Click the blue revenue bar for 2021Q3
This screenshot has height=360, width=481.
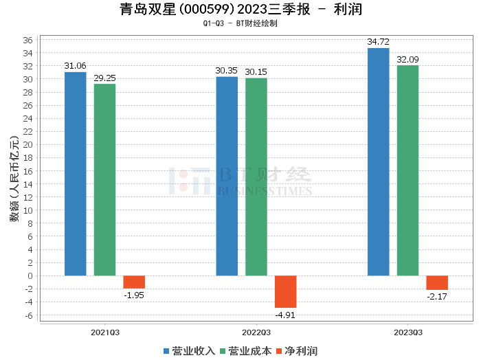click(76, 174)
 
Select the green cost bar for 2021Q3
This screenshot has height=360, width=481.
click(105, 180)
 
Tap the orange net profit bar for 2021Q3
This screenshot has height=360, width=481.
click(134, 282)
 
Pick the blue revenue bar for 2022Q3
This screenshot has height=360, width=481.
click(227, 176)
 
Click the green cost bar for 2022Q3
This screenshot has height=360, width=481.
click(256, 177)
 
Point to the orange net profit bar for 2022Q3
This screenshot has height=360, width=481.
click(286, 292)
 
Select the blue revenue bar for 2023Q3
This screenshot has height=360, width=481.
click(378, 162)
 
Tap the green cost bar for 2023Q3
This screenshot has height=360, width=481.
click(407, 170)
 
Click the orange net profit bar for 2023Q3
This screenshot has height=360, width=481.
click(437, 283)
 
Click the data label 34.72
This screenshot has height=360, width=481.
click(378, 42)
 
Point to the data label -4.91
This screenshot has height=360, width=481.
click(286, 314)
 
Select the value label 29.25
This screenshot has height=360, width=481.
click(105, 78)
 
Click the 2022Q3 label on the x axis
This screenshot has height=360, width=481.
click(256, 332)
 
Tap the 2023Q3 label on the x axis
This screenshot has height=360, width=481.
click(408, 332)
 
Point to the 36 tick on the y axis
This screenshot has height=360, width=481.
click(28, 39)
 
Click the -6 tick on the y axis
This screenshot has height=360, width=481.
click(28, 315)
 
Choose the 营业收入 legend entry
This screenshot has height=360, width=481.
click(189, 350)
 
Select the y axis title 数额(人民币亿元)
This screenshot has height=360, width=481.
click(13, 178)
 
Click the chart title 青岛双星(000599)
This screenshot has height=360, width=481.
click(177, 10)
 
